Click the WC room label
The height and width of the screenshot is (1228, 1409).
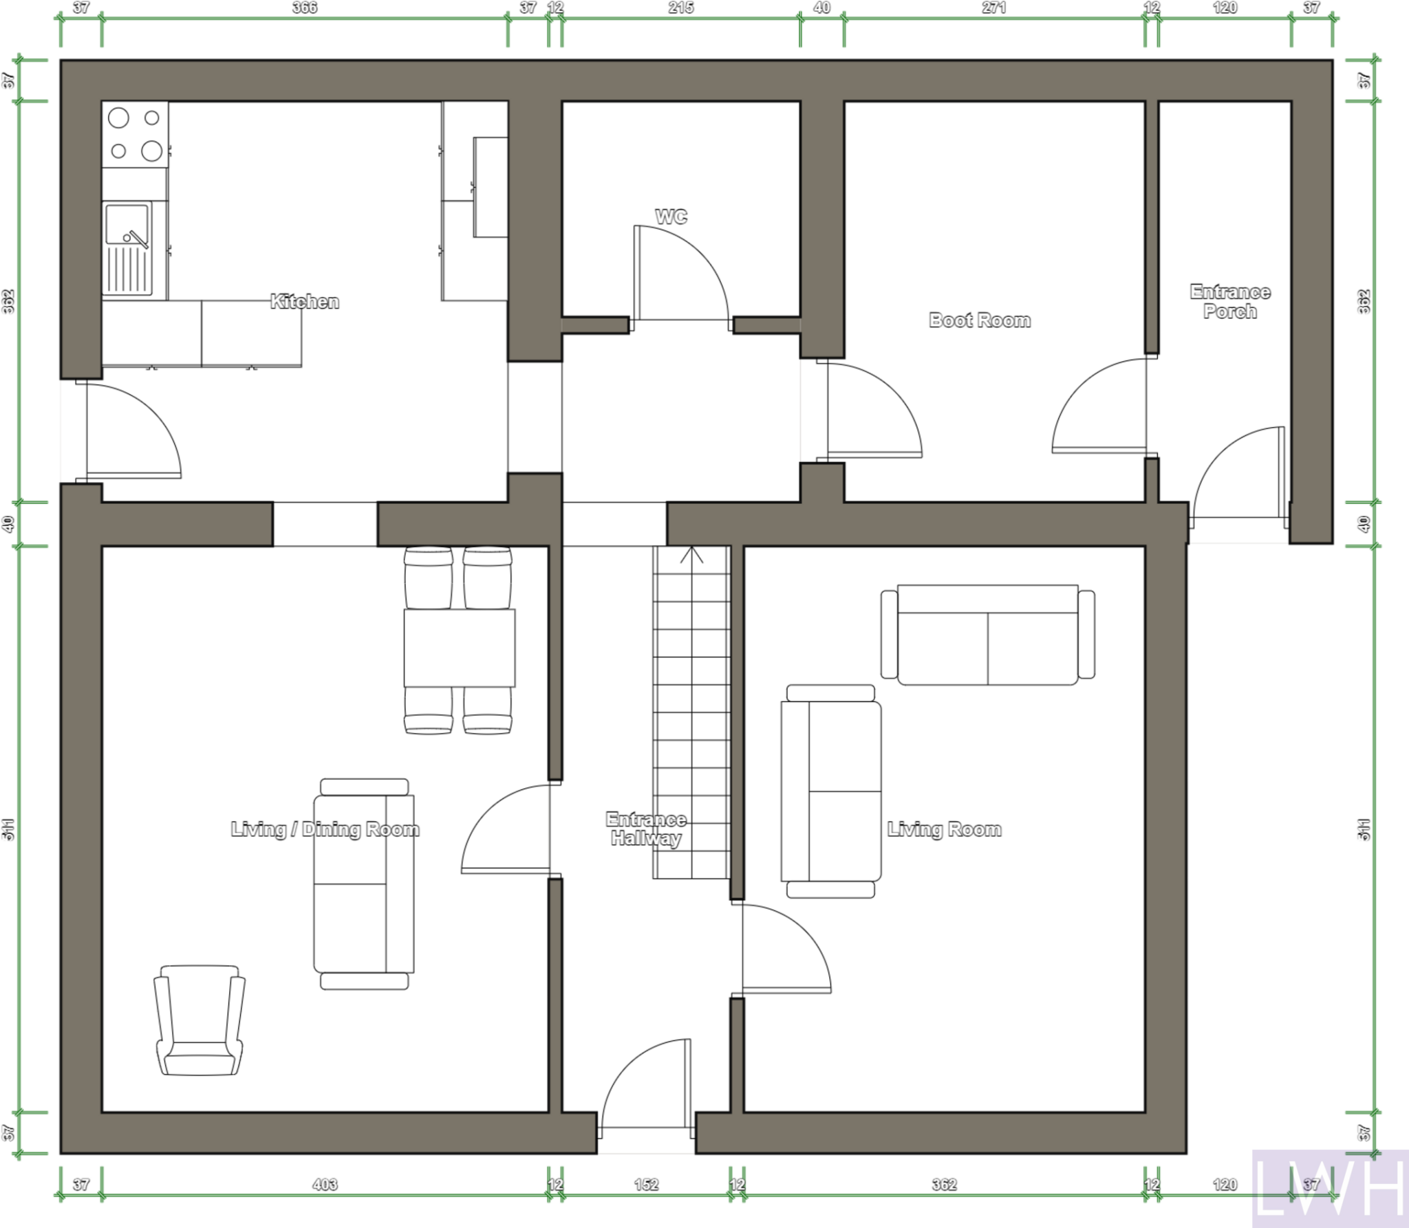pyautogui.click(x=671, y=217)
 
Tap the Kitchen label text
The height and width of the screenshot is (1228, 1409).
pyautogui.click(x=304, y=301)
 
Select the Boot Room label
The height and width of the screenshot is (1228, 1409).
pyautogui.click(x=979, y=320)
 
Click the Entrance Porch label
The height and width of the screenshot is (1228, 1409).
pyautogui.click(x=1230, y=302)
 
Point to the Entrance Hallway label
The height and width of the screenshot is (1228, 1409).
pyautogui.click(x=645, y=829)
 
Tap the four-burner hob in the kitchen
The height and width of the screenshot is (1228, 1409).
pyautogui.click(x=135, y=134)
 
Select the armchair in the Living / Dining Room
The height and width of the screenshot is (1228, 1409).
pyautogui.click(x=200, y=1020)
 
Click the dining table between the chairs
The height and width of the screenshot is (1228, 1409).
pyautogui.click(x=459, y=648)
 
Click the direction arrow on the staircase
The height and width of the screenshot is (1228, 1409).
pyautogui.click(x=691, y=555)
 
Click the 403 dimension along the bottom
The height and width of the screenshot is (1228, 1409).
pyautogui.click(x=325, y=1185)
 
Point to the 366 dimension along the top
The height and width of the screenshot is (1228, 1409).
pyautogui.click(x=304, y=8)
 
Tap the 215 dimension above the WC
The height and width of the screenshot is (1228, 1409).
pyautogui.click(x=680, y=8)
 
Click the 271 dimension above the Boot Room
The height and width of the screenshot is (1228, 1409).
pyautogui.click(x=993, y=8)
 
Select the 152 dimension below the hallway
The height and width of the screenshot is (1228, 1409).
pyautogui.click(x=645, y=1185)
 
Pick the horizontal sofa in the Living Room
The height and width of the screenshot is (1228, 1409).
pyautogui.click(x=987, y=635)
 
